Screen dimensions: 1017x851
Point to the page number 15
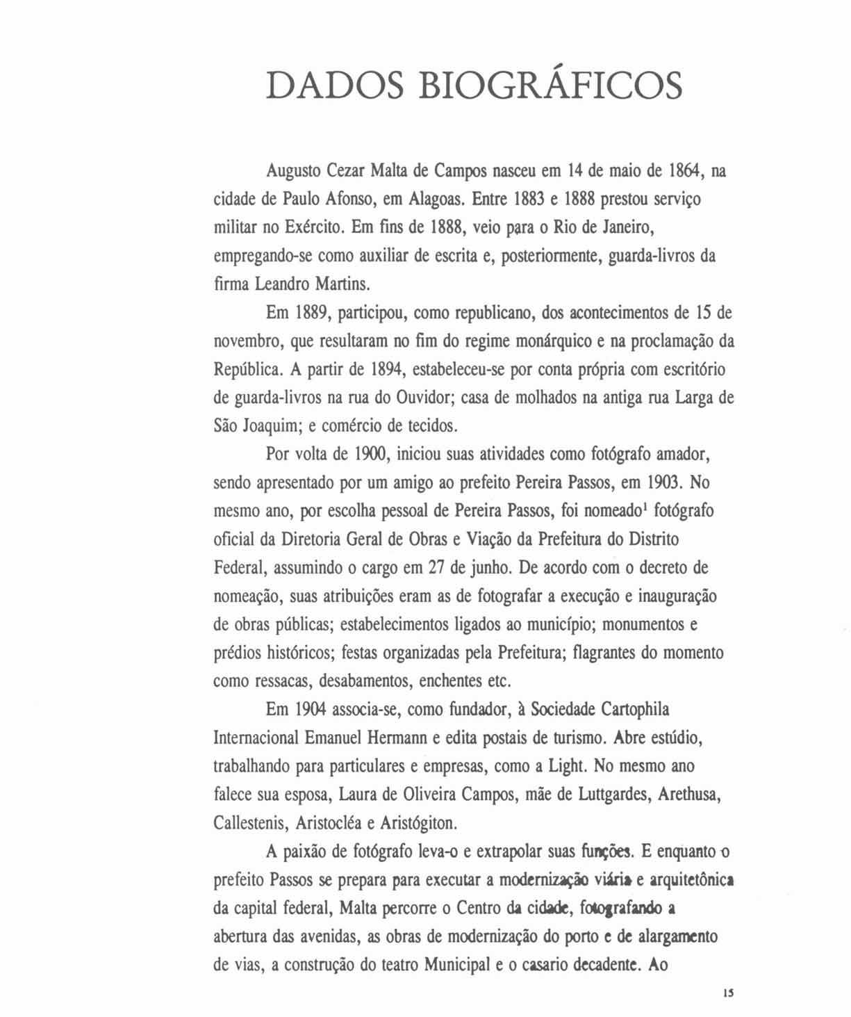coord(727,993)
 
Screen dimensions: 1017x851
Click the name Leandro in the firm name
coord(281,284)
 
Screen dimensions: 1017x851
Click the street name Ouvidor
coord(424,399)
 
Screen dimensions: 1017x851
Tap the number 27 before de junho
coord(436,569)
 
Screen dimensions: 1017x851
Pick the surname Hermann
coord(399,738)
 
